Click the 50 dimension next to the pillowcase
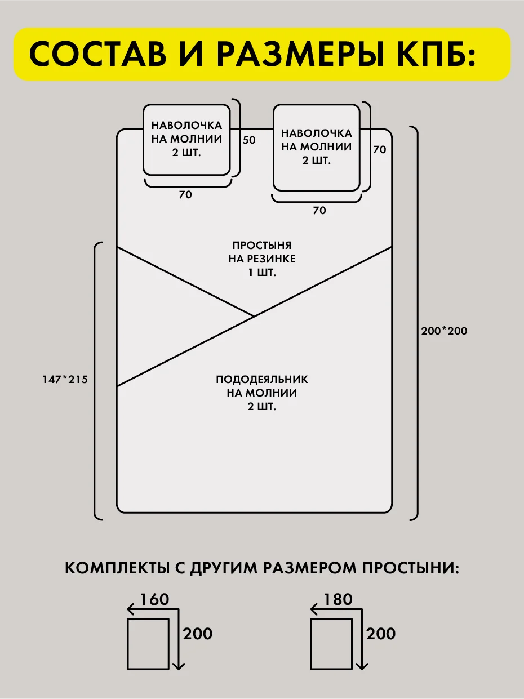click(249, 140)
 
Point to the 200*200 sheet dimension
click(444, 331)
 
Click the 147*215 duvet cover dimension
click(65, 380)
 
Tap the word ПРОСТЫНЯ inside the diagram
click(261, 246)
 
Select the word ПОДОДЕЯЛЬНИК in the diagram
click(262, 379)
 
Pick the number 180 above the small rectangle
click(338, 600)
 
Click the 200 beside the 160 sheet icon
click(198, 634)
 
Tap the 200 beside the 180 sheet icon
click(381, 634)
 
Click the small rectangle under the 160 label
click(148, 644)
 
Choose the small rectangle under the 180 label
click(331, 644)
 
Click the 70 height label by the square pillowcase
click(380, 150)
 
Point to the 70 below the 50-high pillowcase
click(185, 195)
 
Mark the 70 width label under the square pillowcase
click(319, 211)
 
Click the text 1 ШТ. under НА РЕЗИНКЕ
click(261, 272)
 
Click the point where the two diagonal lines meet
click(254, 317)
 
